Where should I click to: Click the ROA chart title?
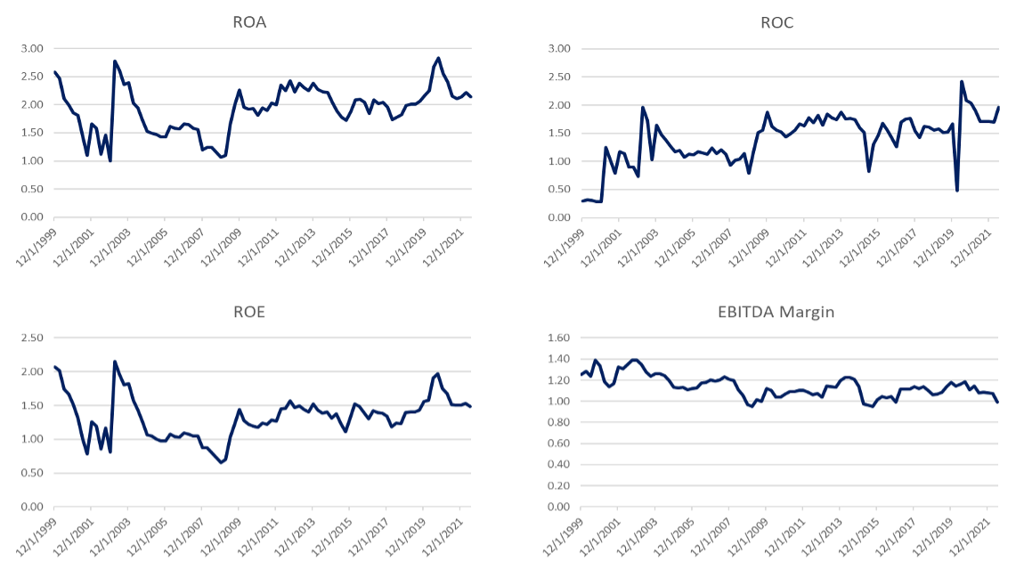click(x=254, y=23)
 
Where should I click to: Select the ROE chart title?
click(x=254, y=313)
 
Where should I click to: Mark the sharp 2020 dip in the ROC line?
click(x=956, y=190)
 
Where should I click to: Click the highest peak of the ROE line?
click(x=115, y=362)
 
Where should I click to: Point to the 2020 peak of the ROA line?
click(x=438, y=58)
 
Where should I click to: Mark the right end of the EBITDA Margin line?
click(x=998, y=402)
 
